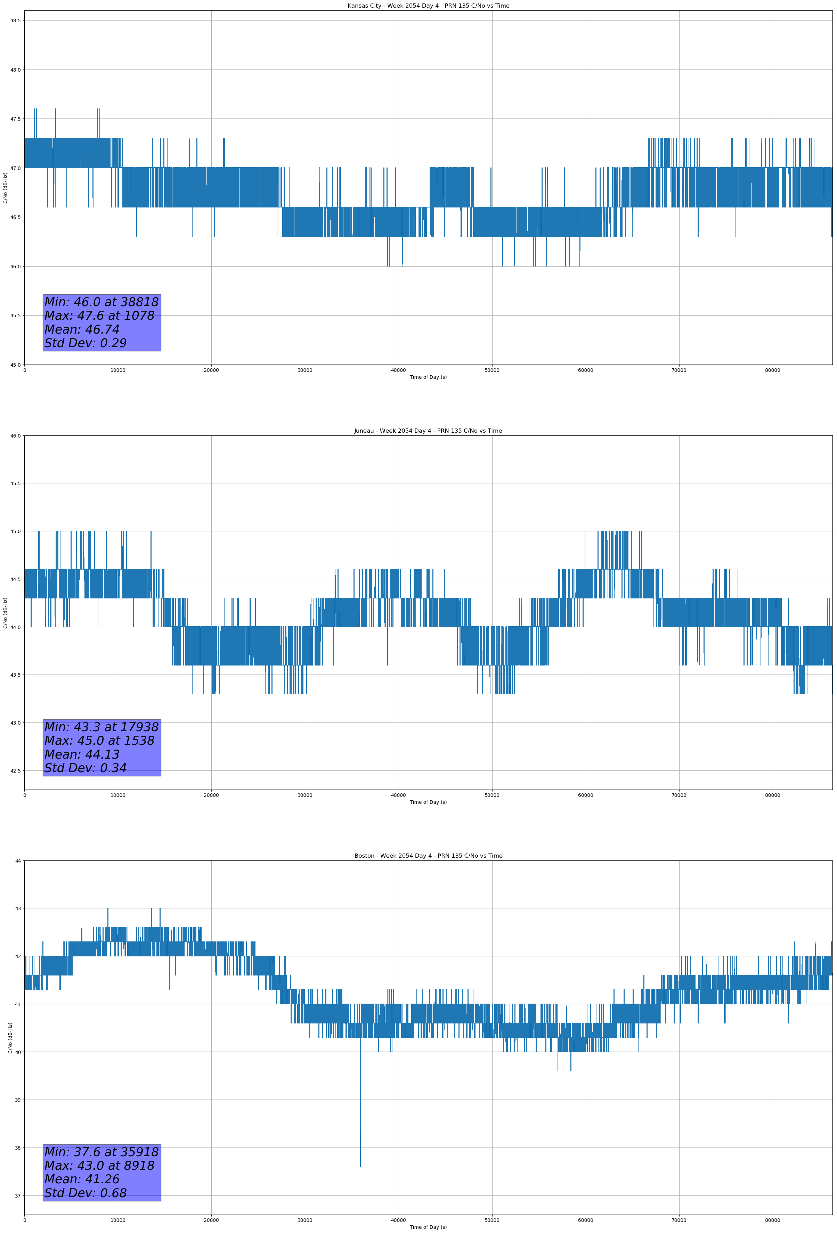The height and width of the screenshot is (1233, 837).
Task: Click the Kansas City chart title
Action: [x=428, y=6]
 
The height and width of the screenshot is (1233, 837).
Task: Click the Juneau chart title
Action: [x=428, y=431]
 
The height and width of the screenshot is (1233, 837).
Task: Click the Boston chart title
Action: [x=428, y=856]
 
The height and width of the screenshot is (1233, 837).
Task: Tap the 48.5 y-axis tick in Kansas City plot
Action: [x=15, y=21]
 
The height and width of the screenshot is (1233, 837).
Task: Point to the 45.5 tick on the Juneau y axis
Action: [x=15, y=483]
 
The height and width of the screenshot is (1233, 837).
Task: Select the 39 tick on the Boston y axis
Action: [x=17, y=1100]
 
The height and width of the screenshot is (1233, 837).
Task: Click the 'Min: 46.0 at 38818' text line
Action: [x=101, y=302]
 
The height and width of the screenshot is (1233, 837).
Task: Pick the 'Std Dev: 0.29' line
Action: [x=86, y=343]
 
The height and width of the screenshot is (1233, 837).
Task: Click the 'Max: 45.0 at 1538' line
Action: [x=99, y=741]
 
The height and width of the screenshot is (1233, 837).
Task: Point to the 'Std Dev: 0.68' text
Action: [x=86, y=1193]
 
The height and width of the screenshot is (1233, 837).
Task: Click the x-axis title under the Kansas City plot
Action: [x=428, y=377]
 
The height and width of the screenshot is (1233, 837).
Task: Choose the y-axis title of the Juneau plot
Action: [x=6, y=613]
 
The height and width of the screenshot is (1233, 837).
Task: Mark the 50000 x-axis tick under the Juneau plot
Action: [x=492, y=795]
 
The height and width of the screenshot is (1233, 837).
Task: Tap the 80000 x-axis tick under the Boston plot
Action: [x=772, y=1220]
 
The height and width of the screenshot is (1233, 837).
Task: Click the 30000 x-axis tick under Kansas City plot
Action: [x=304, y=370]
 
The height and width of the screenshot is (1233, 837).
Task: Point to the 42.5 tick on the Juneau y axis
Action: [x=15, y=771]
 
